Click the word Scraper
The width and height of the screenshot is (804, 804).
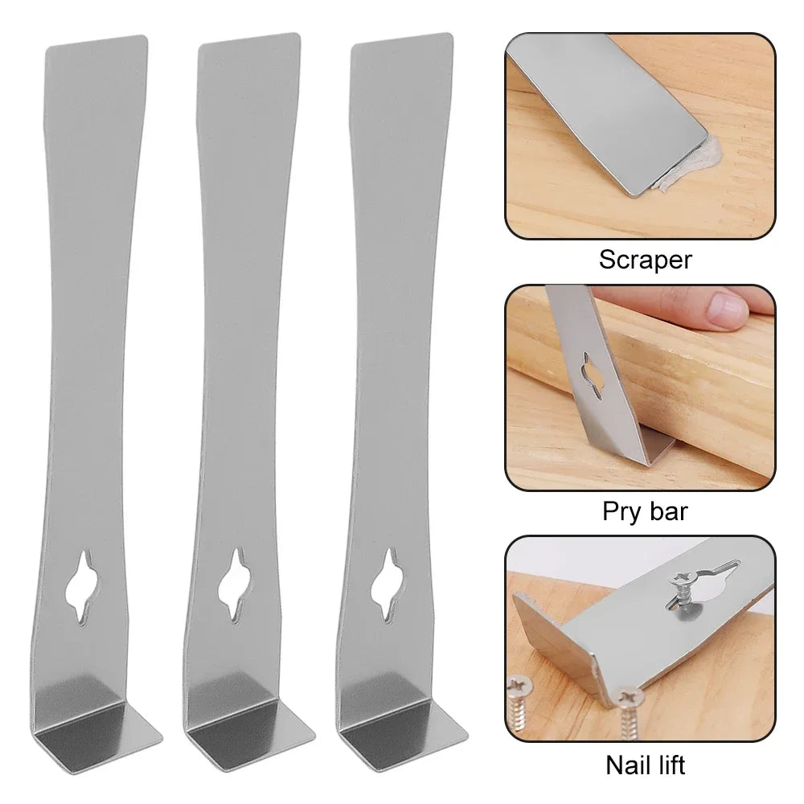click(645, 260)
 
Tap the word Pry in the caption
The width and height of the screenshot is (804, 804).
click(622, 512)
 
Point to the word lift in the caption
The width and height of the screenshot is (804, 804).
click(668, 763)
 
